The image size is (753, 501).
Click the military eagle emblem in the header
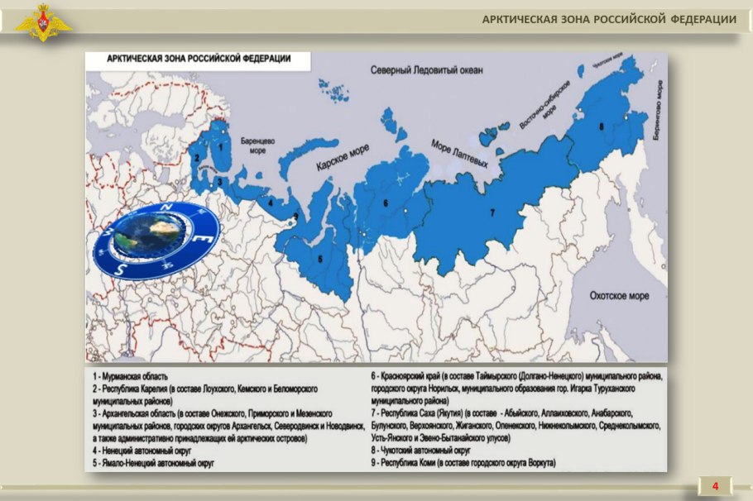42,22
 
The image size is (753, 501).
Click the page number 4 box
715,485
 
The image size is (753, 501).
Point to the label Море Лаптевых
459,155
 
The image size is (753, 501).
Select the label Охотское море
618,296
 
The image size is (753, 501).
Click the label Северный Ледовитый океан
426,70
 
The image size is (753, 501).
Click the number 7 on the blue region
492,213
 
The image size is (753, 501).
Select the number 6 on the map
385,202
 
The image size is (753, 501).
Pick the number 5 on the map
319,258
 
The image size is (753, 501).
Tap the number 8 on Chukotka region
601,126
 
